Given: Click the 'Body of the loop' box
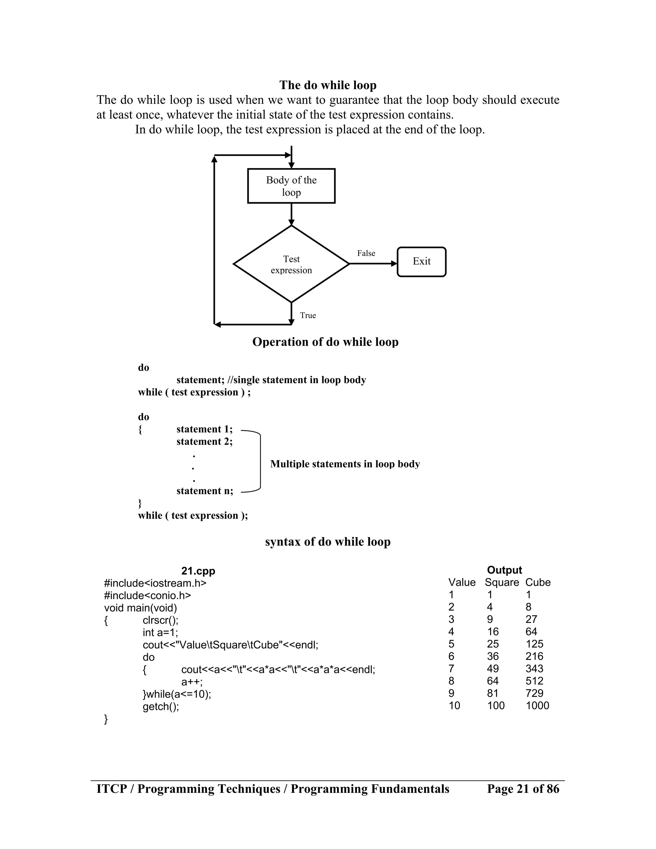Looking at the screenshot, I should click(x=291, y=186).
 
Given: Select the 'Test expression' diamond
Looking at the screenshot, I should click(x=291, y=264).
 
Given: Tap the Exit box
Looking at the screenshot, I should click(x=421, y=262).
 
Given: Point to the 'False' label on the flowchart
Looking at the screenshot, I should click(x=366, y=253).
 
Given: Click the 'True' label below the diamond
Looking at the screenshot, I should click(x=308, y=315).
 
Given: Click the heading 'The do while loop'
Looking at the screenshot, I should click(x=328, y=85).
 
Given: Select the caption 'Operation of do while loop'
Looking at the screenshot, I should click(x=325, y=342).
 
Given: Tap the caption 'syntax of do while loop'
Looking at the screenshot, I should click(x=328, y=541).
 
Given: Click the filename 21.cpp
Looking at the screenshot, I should click(x=198, y=571).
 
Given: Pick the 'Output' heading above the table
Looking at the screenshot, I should click(x=504, y=570).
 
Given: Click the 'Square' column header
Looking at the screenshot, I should click(x=501, y=582).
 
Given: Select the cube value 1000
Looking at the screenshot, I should click(x=537, y=705).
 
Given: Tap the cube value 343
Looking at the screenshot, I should click(x=534, y=669).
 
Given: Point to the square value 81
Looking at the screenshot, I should click(x=492, y=693).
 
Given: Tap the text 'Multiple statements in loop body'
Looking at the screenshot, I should click(x=345, y=464).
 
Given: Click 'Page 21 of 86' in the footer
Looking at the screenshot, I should click(x=523, y=789).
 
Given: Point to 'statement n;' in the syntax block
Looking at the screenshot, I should click(x=205, y=491).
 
